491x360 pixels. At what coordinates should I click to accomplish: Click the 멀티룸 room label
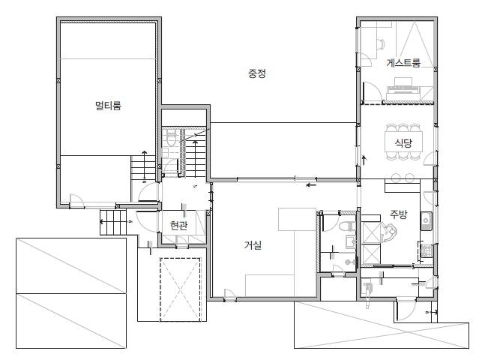pos(108,106)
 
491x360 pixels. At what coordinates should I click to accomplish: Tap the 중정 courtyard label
pos(257,73)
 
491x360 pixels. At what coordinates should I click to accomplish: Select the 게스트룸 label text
pos(403,63)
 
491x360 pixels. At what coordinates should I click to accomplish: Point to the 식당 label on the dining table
pos(403,143)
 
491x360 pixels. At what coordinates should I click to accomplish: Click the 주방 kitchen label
pos(399,214)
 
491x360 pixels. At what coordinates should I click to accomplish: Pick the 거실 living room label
pos(253,245)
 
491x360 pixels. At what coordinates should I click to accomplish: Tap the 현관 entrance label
pos(179,225)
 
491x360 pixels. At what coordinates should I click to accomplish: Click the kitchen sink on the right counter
pos(427,220)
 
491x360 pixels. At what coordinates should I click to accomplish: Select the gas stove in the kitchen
pos(425,250)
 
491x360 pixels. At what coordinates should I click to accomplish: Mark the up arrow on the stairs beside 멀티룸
pos(144,163)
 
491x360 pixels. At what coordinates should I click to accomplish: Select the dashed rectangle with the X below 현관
pos(180,289)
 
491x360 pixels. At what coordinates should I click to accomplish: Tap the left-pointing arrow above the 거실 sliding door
pos(311,184)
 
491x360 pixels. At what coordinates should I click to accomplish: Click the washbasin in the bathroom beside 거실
pos(350,241)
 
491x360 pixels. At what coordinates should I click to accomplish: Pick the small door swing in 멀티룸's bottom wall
pos(76,200)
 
